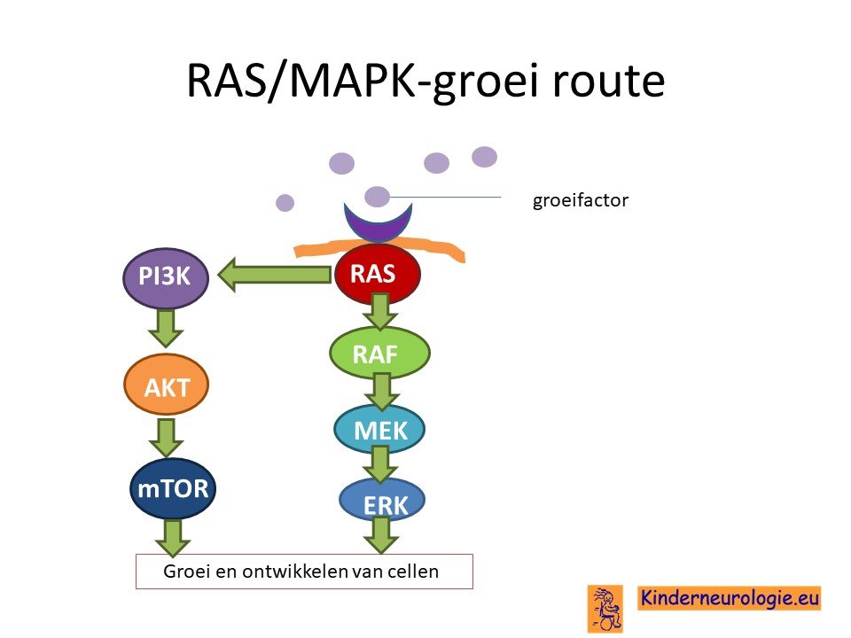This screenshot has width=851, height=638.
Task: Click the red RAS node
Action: [378, 274]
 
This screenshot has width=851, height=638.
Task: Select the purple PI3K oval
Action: [166, 276]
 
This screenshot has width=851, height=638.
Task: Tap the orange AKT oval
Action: [167, 385]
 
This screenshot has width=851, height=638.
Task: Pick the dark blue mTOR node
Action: [173, 489]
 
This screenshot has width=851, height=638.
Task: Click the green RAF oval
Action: [380, 354]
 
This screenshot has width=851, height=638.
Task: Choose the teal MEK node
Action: [379, 430]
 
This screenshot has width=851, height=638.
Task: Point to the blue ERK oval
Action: [382, 502]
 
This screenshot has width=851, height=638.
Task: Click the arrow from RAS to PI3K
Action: [274, 275]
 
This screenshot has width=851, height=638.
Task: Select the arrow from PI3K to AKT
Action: [166, 328]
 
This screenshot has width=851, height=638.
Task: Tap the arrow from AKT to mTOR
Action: [166, 437]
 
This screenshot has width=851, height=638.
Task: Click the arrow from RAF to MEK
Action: [382, 391]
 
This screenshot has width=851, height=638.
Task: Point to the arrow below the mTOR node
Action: [173, 538]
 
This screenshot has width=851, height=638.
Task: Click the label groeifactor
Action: [580, 200]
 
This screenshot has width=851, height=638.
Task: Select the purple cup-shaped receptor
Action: [379, 222]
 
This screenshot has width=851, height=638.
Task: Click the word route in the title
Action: [609, 81]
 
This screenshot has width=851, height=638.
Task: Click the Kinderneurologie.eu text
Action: [729, 598]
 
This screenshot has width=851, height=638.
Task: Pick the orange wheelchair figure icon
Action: [605, 608]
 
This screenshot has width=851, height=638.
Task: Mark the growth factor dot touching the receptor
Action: [377, 197]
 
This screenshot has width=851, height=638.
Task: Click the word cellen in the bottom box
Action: [413, 572]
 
